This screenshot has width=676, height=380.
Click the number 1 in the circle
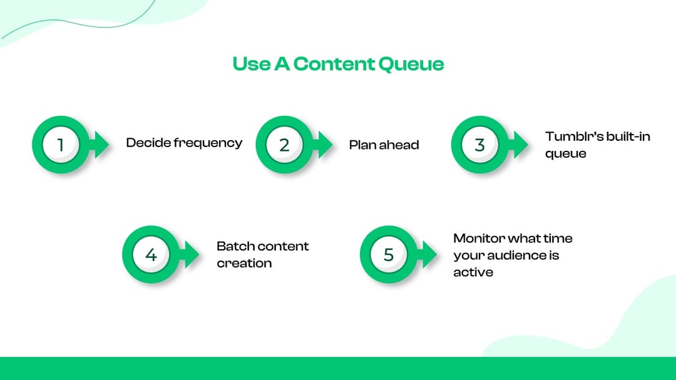point(61,145)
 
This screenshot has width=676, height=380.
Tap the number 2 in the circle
point(284,145)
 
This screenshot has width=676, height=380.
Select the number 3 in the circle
point(479,145)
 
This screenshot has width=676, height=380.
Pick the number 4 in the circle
point(151,255)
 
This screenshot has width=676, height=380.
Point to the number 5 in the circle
point(389,255)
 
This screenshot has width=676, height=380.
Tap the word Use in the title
point(251,64)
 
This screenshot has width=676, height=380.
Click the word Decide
point(148,143)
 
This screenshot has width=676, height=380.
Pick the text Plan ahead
point(384,145)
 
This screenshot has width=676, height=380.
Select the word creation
point(244,263)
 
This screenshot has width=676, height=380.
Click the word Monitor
point(479,239)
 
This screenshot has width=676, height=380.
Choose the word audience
point(521,255)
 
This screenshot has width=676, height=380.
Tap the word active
point(473,272)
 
